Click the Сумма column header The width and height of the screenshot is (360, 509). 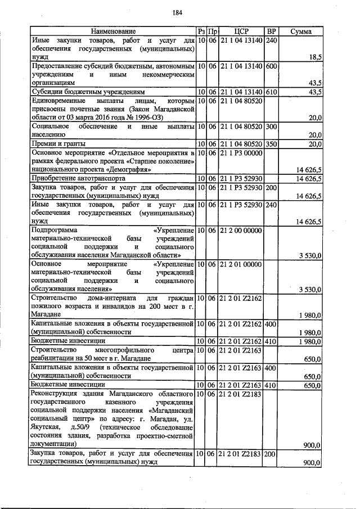[301, 31]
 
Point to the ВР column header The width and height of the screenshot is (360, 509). [271, 31]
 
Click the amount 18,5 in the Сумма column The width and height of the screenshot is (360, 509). [314, 57]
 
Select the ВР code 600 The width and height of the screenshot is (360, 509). [271, 66]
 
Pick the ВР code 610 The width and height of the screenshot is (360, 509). [271, 91]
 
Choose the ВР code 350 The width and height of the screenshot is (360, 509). [271, 144]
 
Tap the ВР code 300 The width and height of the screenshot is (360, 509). [271, 127]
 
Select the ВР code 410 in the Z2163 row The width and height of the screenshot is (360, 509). [271, 385]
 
